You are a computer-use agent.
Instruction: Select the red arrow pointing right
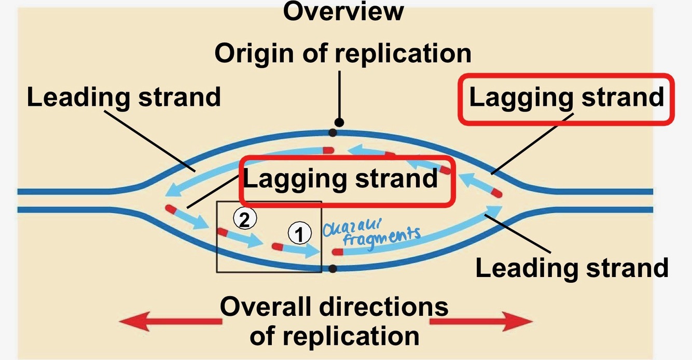(480, 322)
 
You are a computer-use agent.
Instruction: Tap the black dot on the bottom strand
(333, 268)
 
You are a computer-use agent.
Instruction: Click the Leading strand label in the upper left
(123, 97)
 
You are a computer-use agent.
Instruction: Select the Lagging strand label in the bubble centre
(341, 179)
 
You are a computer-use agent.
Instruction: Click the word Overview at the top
(343, 11)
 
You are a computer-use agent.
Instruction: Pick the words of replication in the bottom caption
(334, 336)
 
